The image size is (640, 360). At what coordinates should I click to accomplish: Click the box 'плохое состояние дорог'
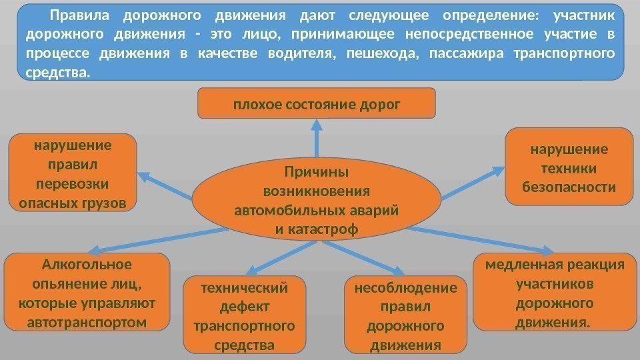317,103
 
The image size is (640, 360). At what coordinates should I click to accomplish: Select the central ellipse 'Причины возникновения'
317,201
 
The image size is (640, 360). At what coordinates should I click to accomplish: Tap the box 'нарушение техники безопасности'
569,167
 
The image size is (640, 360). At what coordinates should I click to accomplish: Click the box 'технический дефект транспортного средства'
244,315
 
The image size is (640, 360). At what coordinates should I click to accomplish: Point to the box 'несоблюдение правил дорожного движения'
406,315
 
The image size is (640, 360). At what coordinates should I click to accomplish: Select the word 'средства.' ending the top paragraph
56,71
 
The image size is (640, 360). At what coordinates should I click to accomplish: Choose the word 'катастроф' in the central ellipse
327,229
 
